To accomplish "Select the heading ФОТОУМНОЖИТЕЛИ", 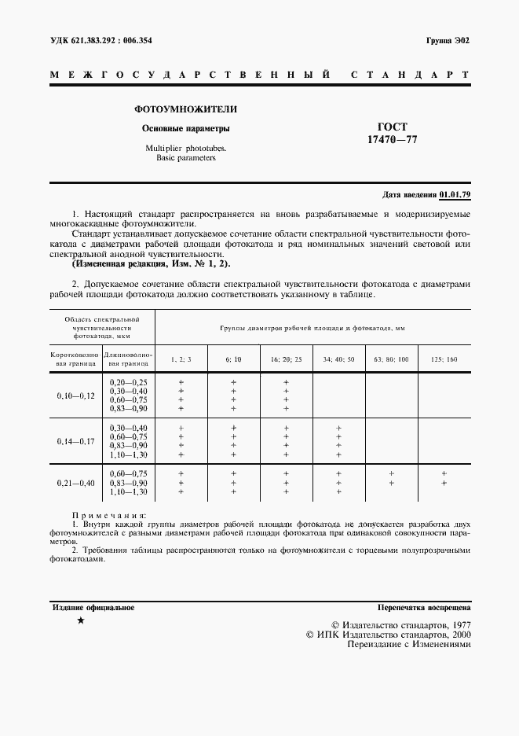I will pyautogui.click(x=186, y=109).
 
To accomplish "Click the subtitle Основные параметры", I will pyautogui.click(x=186, y=128).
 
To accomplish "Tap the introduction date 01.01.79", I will pyautogui.click(x=455, y=194).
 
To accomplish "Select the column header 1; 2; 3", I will pyautogui.click(x=181, y=359).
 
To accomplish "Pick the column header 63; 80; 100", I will pyautogui.click(x=391, y=359).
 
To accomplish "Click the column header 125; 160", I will pyautogui.click(x=444, y=359).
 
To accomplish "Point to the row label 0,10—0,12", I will pyautogui.click(x=75, y=396).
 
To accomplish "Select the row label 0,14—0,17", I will pyautogui.click(x=75, y=441).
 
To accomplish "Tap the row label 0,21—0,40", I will pyautogui.click(x=75, y=482).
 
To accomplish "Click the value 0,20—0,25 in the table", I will pyautogui.click(x=129, y=381).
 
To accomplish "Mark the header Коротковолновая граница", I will pyautogui.click(x=75, y=359).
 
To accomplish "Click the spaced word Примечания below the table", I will pyautogui.click(x=103, y=514).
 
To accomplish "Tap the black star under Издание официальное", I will pyautogui.click(x=81, y=621).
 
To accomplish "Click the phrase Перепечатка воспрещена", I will pyautogui.click(x=424, y=607).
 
